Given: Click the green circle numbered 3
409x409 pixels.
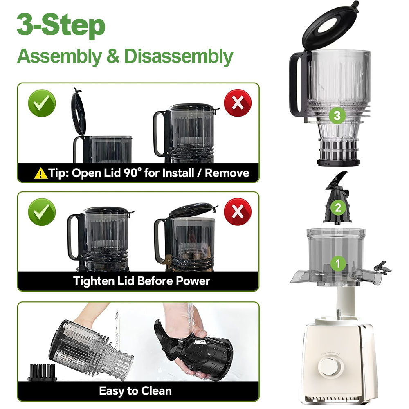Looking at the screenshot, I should point(337,116).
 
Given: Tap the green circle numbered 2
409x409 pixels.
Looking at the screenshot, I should point(338,207).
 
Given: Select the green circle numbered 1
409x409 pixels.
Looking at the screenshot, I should point(337,263).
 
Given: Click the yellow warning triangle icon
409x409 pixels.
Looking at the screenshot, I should point(40,173).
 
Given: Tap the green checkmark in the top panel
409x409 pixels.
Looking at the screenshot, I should point(41,103).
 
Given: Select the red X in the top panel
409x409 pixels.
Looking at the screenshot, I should point(238,103).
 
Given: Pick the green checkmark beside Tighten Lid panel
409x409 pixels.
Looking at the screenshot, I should point(41,211).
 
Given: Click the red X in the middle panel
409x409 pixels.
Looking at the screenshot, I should point(238,211).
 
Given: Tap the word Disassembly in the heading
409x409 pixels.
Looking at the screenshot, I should point(178,57).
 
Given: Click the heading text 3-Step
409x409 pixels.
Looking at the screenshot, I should point(61,26).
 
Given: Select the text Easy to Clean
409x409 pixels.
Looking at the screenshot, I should point(135,391).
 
